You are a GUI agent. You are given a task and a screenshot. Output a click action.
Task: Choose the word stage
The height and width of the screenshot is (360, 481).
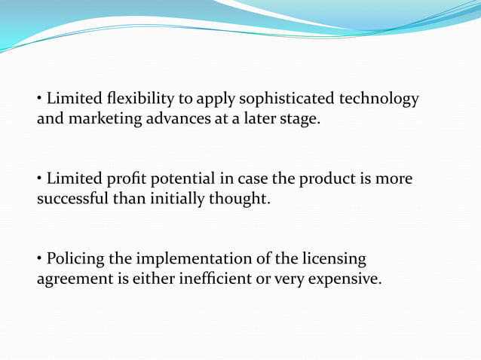tap(299, 118)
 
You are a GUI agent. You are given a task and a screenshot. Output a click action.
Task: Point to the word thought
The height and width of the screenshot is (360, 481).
tap(244, 199)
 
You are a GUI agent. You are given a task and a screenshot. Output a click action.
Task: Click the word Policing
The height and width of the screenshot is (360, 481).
tap(75, 260)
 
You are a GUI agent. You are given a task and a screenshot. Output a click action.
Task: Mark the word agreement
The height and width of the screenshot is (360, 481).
tap(73, 279)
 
